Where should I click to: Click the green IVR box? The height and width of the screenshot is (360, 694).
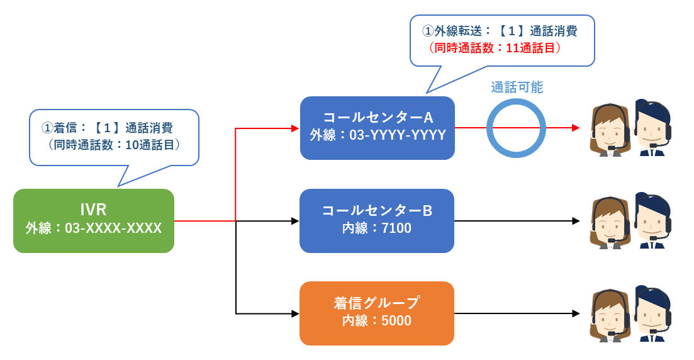point(94,221)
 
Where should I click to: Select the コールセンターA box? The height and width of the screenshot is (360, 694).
point(378,128)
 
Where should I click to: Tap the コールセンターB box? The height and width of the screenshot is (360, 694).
point(377,221)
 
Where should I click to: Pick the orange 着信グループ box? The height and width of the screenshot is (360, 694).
point(377,313)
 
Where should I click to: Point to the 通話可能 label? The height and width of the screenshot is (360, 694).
point(517,87)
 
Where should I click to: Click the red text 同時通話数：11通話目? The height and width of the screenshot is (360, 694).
point(495,48)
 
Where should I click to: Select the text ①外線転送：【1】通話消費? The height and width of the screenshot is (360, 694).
point(500,31)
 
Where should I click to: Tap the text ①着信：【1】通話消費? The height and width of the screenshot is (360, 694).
point(107,128)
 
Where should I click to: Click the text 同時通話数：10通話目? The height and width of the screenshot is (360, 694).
point(114,145)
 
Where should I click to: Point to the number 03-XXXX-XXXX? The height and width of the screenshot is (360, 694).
point(113,228)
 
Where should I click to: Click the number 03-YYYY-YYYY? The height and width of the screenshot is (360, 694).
point(398,135)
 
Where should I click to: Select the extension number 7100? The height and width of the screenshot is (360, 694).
point(396,228)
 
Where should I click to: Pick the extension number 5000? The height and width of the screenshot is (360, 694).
point(396,320)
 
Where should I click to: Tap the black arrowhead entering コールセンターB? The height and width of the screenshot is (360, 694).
point(295,221)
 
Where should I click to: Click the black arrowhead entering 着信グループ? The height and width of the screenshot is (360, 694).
point(295,313)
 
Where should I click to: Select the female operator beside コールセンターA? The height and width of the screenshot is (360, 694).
point(611,130)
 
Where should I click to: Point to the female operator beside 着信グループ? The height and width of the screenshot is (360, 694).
point(611,316)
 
